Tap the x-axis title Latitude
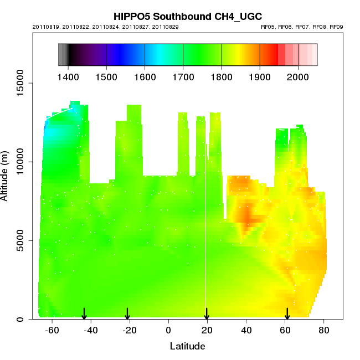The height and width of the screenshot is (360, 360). (187, 346)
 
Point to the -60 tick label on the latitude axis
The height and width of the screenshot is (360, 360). (52, 330)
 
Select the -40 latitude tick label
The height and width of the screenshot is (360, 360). (91, 330)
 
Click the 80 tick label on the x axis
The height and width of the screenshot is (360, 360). (324, 330)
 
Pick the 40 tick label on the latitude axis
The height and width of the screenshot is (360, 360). (246, 330)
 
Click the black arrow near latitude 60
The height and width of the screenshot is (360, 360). (287, 314)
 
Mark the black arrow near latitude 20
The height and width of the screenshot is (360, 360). (207, 314)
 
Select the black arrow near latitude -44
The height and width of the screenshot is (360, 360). (84, 314)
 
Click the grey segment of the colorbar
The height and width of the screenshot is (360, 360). (62, 54)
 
